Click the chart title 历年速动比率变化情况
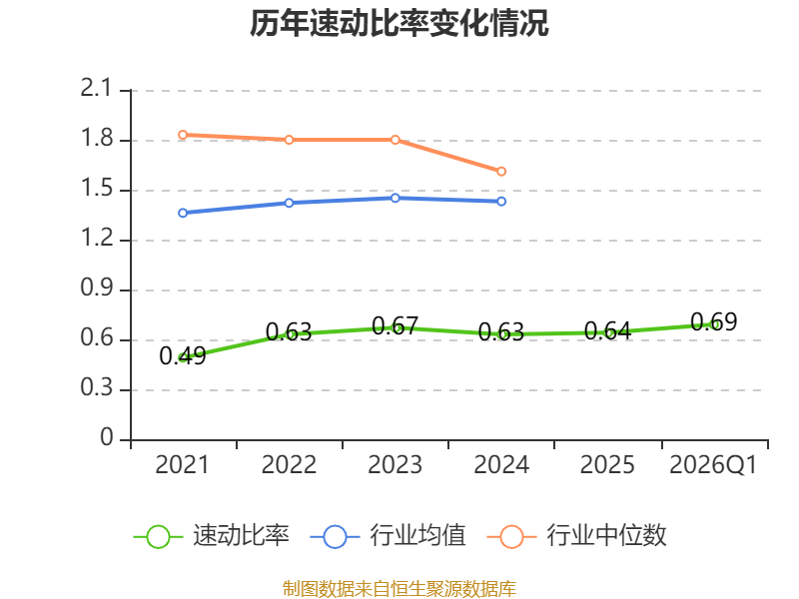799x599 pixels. click(399, 23)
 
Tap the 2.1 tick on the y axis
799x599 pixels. click(95, 88)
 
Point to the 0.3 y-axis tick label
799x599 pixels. click(96, 387)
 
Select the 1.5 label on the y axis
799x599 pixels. click(96, 188)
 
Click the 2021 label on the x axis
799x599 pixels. click(182, 464)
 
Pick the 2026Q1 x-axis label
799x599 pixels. click(713, 464)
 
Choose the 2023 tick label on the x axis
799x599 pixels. click(395, 464)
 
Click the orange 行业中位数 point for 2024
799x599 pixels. click(501, 171)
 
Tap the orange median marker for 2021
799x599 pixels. click(183, 135)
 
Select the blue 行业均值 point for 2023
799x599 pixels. click(396, 198)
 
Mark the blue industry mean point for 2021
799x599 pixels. click(183, 213)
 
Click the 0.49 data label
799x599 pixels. click(183, 355)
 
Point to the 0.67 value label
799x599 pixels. click(396, 326)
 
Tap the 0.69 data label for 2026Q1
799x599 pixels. click(714, 321)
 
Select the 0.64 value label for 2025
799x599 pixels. click(607, 331)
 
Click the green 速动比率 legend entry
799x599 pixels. click(211, 536)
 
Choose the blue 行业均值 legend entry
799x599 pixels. click(388, 536)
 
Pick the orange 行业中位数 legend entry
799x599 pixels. click(576, 536)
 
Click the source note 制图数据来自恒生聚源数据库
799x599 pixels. click(399, 589)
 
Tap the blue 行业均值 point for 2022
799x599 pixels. click(289, 204)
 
